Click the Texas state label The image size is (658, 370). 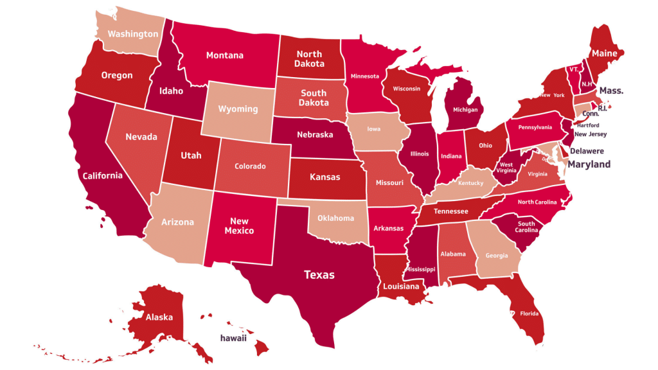pos(319,275)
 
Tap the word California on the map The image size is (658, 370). pos(102,176)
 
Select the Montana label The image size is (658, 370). pos(225,55)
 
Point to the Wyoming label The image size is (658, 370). pos(238,109)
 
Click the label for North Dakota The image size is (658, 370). pos(309,58)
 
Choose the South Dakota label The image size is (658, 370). pos(314,98)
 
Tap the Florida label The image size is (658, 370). pos(529,314)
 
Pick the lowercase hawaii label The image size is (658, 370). pos(233,338)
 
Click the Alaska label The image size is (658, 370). pos(159,317)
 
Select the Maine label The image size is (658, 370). pos(605,53)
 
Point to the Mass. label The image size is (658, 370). pos(611,91)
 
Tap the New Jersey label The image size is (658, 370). pos(591,135)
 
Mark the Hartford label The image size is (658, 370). pos(587,125)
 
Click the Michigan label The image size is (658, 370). pos(465,110)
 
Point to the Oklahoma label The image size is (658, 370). pos(335,218)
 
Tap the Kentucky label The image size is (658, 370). pos(471,183)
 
